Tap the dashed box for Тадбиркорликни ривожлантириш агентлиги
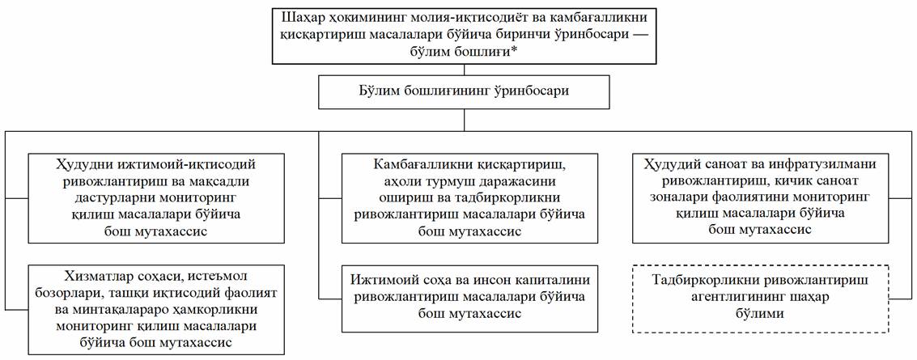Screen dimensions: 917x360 [x=759, y=300]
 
